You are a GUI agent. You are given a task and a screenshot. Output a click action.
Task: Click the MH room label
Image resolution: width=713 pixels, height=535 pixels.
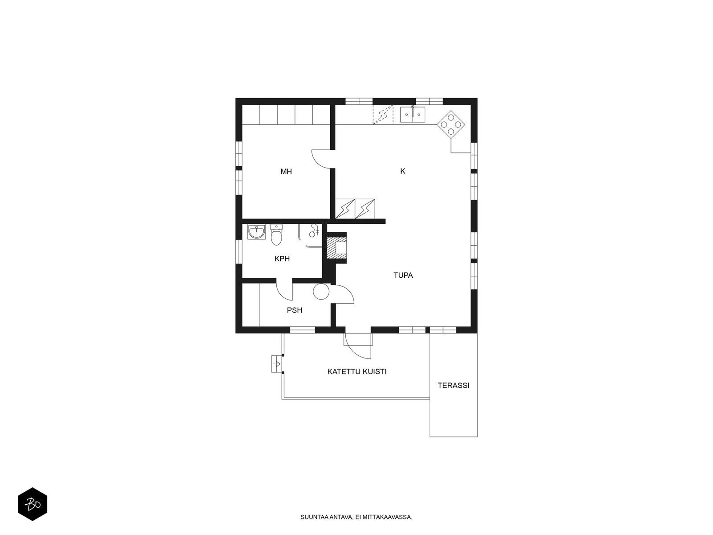(286, 172)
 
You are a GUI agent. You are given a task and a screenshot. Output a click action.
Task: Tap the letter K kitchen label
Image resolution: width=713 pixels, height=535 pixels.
(402, 171)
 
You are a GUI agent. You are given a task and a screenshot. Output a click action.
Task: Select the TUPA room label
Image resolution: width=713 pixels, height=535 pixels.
(403, 276)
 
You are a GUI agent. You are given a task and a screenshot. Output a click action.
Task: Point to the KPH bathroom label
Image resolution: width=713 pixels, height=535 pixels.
(282, 259)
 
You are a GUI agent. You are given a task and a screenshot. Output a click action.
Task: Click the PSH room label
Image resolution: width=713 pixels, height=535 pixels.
(294, 311)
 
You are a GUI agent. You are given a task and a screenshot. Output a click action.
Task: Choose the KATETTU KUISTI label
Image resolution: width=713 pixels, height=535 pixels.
(356, 372)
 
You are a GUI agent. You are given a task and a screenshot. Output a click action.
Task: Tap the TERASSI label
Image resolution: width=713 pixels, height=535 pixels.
(453, 386)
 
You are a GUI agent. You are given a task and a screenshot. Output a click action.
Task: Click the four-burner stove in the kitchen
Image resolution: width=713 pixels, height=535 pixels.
(451, 124)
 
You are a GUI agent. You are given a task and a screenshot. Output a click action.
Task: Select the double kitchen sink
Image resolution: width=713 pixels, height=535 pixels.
(413, 114)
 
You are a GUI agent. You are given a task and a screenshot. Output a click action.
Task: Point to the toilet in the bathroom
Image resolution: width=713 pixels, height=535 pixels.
(276, 235)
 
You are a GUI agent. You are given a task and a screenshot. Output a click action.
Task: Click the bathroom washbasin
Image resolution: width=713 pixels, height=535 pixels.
(256, 232)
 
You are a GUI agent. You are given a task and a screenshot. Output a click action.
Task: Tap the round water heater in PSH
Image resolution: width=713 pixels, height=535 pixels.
(321, 292)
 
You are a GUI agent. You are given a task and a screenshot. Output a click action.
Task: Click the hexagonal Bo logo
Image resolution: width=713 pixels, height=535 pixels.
(33, 504)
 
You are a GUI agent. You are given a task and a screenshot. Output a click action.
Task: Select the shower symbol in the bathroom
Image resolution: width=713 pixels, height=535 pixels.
(314, 230)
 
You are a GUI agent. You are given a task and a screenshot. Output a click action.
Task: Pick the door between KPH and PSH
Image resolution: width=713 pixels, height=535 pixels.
(284, 291)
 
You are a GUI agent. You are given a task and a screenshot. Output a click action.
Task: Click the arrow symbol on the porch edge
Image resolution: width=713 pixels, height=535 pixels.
(276, 364)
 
